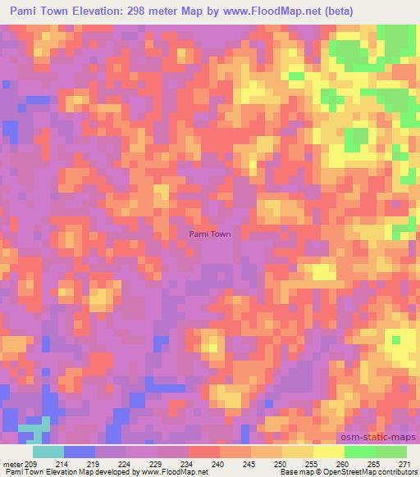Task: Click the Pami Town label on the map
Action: tap(210, 234)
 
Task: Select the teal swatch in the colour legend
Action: tap(48, 452)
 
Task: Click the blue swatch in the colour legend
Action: tap(79, 452)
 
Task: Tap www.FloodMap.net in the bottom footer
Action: tap(172, 472)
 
